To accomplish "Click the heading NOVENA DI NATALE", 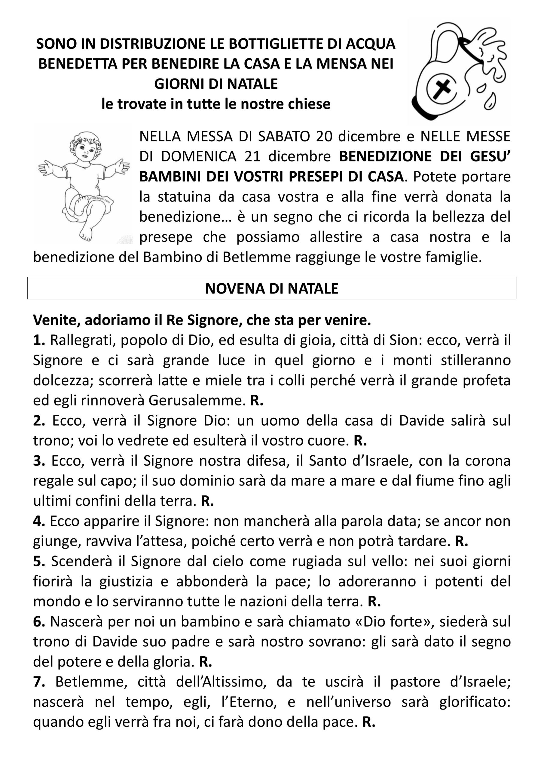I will point(271,288).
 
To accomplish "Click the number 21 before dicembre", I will point(252,157).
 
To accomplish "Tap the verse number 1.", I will point(39,340).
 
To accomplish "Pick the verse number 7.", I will point(39,682).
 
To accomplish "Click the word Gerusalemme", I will point(197,400).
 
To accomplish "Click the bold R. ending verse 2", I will point(360,441).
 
